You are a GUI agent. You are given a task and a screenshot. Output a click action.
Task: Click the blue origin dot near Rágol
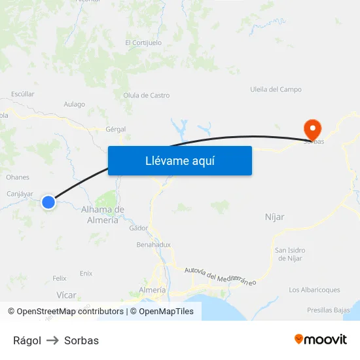[x=48, y=202]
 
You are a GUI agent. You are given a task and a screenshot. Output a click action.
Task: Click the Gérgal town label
[x=115, y=130]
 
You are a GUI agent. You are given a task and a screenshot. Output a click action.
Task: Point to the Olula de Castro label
[x=146, y=96]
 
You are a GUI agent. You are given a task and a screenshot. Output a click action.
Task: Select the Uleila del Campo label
[x=276, y=89]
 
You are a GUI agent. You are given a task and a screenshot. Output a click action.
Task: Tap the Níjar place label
[x=274, y=217]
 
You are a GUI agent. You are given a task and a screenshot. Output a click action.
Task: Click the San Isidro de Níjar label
[x=290, y=254]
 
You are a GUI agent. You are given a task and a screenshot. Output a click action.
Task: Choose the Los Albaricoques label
[x=314, y=289]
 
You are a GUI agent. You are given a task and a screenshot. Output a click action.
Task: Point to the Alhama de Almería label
[x=103, y=215]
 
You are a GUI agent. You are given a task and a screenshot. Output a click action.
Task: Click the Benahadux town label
[x=153, y=245]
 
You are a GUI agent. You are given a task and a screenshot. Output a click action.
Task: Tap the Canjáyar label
[x=20, y=194]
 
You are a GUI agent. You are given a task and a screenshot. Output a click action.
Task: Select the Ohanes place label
[x=18, y=177]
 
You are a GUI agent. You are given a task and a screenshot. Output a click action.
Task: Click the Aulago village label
[x=75, y=104]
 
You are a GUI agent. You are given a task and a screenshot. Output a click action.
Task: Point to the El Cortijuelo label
[x=143, y=43]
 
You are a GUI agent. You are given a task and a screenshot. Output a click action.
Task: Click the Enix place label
[x=86, y=273]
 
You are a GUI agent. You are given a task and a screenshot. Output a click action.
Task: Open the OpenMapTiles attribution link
[x=162, y=312]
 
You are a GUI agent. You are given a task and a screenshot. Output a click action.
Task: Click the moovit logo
[x=321, y=340]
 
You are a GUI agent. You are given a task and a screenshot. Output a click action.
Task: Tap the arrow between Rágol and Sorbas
[x=52, y=340]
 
